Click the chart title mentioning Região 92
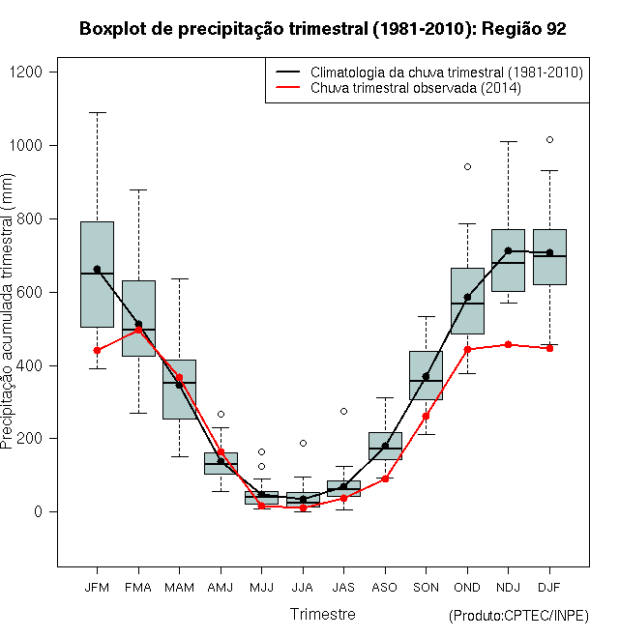322,29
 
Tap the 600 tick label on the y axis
29,293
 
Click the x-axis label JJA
303,588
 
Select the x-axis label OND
467,588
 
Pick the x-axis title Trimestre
322,614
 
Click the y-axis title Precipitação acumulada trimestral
7,311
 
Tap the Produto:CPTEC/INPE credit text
518,616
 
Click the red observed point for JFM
97,350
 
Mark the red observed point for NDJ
508,345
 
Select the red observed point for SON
426,416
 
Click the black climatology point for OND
467,298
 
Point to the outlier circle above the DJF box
549,140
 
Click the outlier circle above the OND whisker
467,167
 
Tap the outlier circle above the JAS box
343,412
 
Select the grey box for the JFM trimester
97,275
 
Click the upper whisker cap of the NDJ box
508,141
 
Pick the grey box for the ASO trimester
385,446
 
